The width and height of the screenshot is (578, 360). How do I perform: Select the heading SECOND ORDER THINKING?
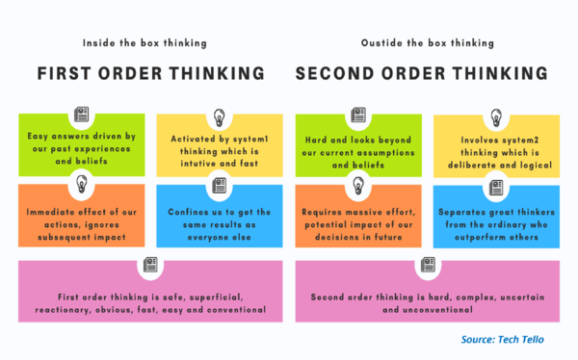421,74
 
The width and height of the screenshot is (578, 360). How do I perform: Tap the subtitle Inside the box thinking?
145,41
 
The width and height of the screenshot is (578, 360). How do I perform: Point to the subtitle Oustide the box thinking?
421,41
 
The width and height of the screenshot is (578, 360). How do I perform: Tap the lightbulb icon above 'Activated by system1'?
220,116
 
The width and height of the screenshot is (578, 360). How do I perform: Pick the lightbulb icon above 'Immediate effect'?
81,187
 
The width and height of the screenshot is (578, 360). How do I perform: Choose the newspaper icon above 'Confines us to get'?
220,187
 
